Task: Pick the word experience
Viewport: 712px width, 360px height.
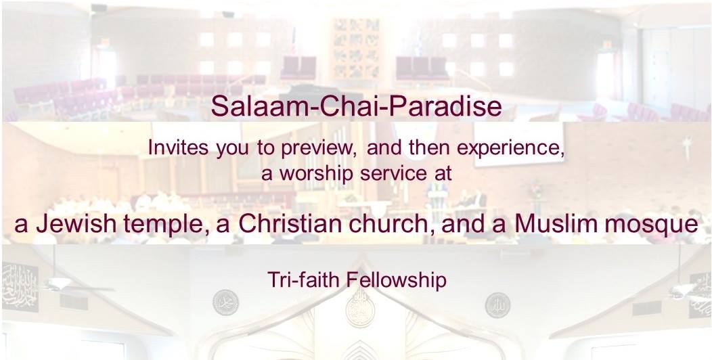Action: pyautogui.click(x=510, y=149)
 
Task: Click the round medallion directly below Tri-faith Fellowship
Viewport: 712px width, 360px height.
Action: pyautogui.click(x=360, y=310)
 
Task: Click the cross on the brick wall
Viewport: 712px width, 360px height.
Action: pyautogui.click(x=688, y=148)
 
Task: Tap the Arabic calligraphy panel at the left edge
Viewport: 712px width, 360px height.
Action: pyautogui.click(x=20, y=288)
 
